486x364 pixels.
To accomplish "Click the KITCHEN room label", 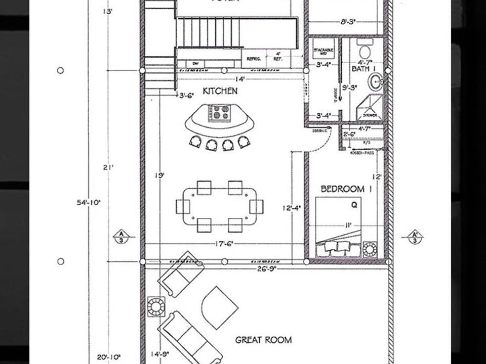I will pos(220,91).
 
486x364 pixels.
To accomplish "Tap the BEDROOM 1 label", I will pos(343,189).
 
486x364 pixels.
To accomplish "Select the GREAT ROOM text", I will pos(263,340).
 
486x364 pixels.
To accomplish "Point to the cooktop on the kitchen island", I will pos(220,112).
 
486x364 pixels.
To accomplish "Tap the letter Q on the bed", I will pos(354,205).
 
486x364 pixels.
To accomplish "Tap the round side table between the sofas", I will pos(155,306).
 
